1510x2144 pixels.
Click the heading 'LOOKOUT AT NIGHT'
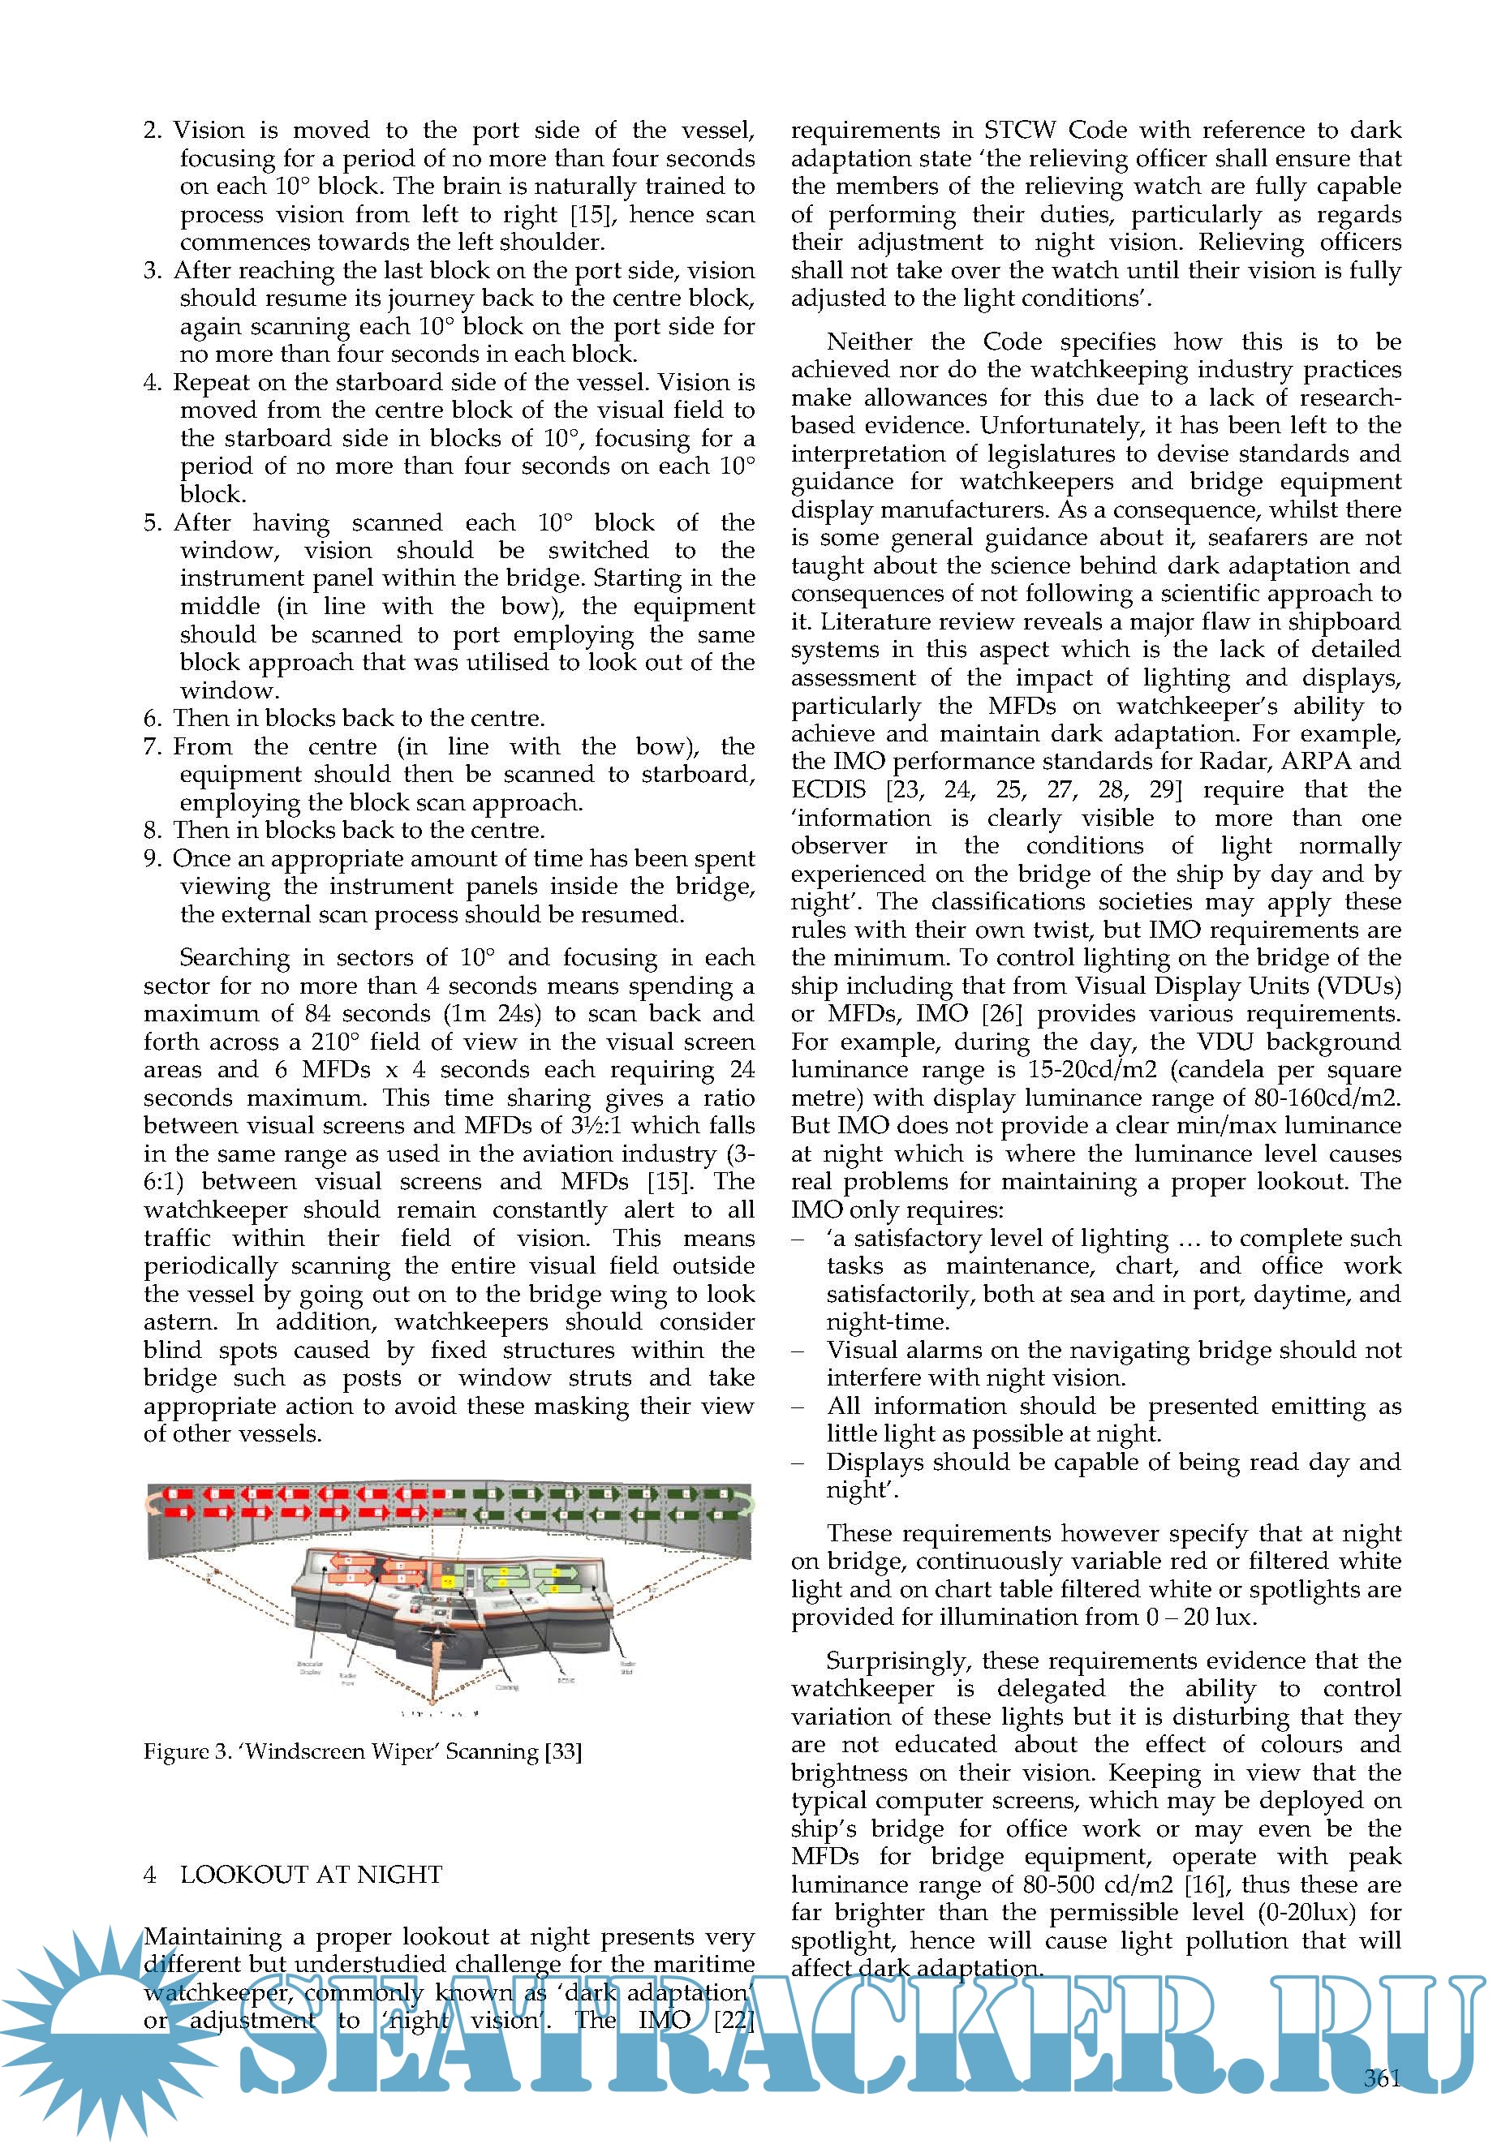tap(310, 1874)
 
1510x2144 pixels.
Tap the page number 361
tap(1382, 2077)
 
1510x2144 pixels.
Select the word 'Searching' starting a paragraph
tap(234, 958)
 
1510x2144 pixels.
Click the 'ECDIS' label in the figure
tap(566, 1680)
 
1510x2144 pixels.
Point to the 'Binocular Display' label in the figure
tap(310, 1667)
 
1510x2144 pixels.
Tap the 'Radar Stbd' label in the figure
tap(627, 1667)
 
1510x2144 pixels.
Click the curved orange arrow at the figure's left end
tap(153, 1502)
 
